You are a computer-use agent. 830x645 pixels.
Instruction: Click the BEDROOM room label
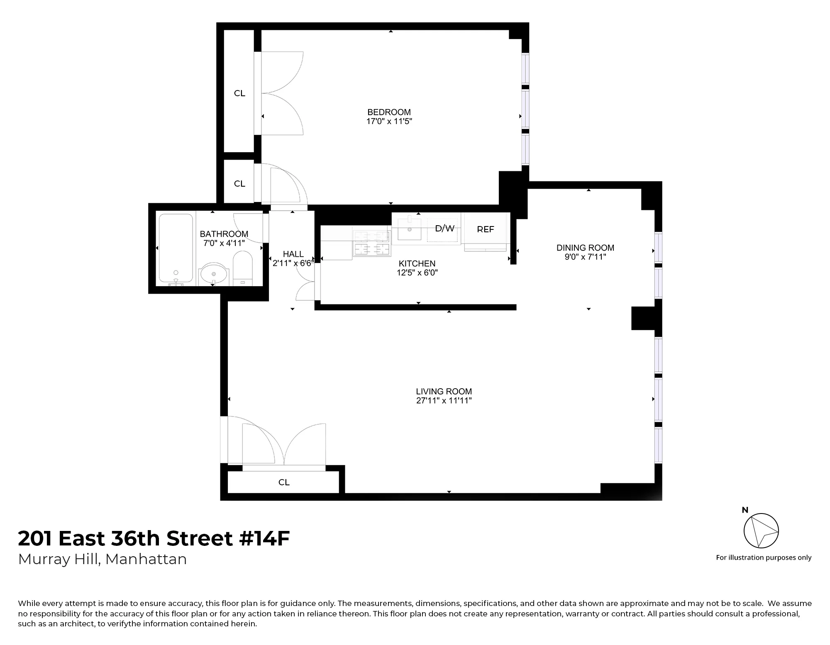pos(389,112)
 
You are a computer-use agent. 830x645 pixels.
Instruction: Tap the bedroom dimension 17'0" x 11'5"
pos(389,122)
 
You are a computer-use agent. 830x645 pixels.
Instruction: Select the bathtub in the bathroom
pos(176,248)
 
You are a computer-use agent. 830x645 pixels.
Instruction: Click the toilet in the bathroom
pos(243,268)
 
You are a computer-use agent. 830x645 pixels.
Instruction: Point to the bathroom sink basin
pos(214,274)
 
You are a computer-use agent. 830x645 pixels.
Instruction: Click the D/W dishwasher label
pos(444,229)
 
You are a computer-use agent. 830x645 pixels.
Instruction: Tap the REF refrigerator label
pos(485,229)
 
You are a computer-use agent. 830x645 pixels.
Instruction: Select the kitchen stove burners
pos(372,243)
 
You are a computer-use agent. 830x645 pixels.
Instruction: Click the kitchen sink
pos(409,229)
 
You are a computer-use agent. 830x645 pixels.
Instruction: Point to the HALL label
pos(293,254)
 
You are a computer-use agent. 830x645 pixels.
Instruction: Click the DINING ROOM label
pos(585,248)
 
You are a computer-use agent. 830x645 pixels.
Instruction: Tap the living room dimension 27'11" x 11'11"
pos(444,401)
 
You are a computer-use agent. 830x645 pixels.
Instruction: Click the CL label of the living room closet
pos(284,482)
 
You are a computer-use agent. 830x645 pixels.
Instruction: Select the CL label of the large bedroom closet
pos(239,93)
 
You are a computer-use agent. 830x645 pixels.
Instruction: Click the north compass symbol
pos(761,531)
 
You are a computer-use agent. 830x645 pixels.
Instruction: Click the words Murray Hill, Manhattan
pos(103,559)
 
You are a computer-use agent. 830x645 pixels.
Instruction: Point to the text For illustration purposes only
pos(763,557)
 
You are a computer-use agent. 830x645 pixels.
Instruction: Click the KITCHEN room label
pos(417,263)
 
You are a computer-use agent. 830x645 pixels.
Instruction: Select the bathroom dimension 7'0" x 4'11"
pos(224,243)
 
